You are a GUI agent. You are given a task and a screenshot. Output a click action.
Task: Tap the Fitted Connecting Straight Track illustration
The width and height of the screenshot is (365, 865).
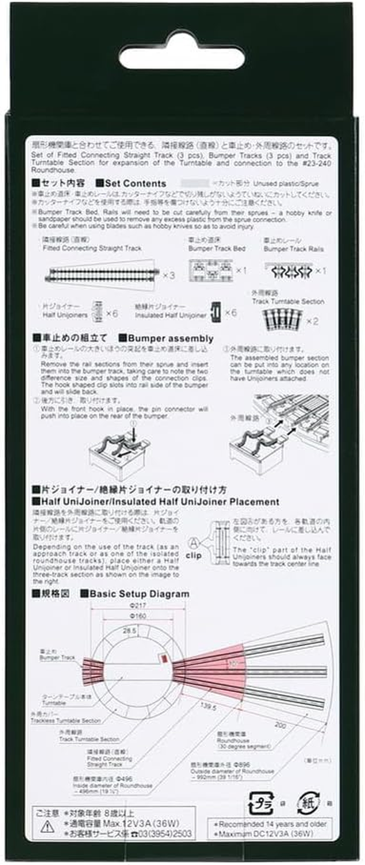103,274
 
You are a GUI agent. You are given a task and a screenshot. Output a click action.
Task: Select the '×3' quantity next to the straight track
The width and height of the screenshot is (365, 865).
168,275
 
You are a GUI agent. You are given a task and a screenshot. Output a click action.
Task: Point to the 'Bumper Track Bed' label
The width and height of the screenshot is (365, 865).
217,249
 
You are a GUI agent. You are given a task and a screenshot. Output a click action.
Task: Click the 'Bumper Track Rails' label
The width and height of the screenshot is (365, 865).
293,249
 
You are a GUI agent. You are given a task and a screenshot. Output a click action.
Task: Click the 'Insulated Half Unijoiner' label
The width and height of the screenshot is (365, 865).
171,315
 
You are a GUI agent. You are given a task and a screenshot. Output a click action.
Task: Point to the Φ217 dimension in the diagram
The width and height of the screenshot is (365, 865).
137,605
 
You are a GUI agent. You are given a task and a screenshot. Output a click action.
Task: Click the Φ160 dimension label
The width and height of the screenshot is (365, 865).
137,616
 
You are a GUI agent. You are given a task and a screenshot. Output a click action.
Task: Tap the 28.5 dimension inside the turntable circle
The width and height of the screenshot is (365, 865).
130,631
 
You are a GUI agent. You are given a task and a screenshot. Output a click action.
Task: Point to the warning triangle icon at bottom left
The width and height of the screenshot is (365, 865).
47,826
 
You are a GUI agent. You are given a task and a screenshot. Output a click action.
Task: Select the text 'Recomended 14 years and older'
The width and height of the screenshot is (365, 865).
272,824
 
